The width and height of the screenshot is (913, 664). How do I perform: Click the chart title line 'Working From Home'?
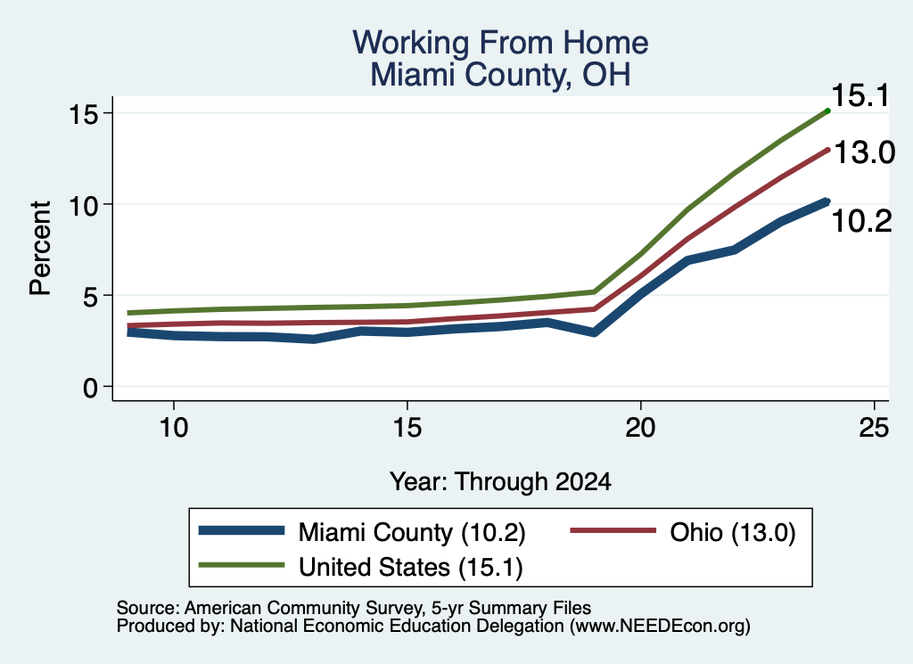coord(500,43)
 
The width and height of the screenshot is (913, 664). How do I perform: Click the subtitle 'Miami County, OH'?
coord(500,75)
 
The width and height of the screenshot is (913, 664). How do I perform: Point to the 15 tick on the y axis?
coord(83,113)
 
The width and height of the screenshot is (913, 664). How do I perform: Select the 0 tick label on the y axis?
coord(90,387)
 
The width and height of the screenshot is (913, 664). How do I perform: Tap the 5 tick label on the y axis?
coord(90,296)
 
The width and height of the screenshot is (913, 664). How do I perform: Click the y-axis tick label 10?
coord(83,205)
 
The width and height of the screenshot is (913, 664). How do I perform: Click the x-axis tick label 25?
coord(875,428)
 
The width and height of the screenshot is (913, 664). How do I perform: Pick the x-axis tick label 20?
coord(640,428)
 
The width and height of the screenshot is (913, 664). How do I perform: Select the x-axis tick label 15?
coord(407,428)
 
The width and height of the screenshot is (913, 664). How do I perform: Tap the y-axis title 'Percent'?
coord(40,249)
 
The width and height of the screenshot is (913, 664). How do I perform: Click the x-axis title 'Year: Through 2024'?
coord(500,482)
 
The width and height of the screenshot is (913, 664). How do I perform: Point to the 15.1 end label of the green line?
coord(860,95)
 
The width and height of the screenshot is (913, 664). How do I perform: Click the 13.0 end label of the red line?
coord(864,153)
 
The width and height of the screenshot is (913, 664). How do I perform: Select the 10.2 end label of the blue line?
coord(862,222)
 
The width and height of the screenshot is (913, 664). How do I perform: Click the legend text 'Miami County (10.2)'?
coord(412,532)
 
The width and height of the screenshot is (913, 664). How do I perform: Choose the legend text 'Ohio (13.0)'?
coord(733,532)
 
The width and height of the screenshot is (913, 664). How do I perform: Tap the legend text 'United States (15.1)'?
coord(410,567)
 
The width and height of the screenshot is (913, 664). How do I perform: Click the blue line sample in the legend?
coord(242,530)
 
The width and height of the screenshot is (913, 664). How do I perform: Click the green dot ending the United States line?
coord(827,111)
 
